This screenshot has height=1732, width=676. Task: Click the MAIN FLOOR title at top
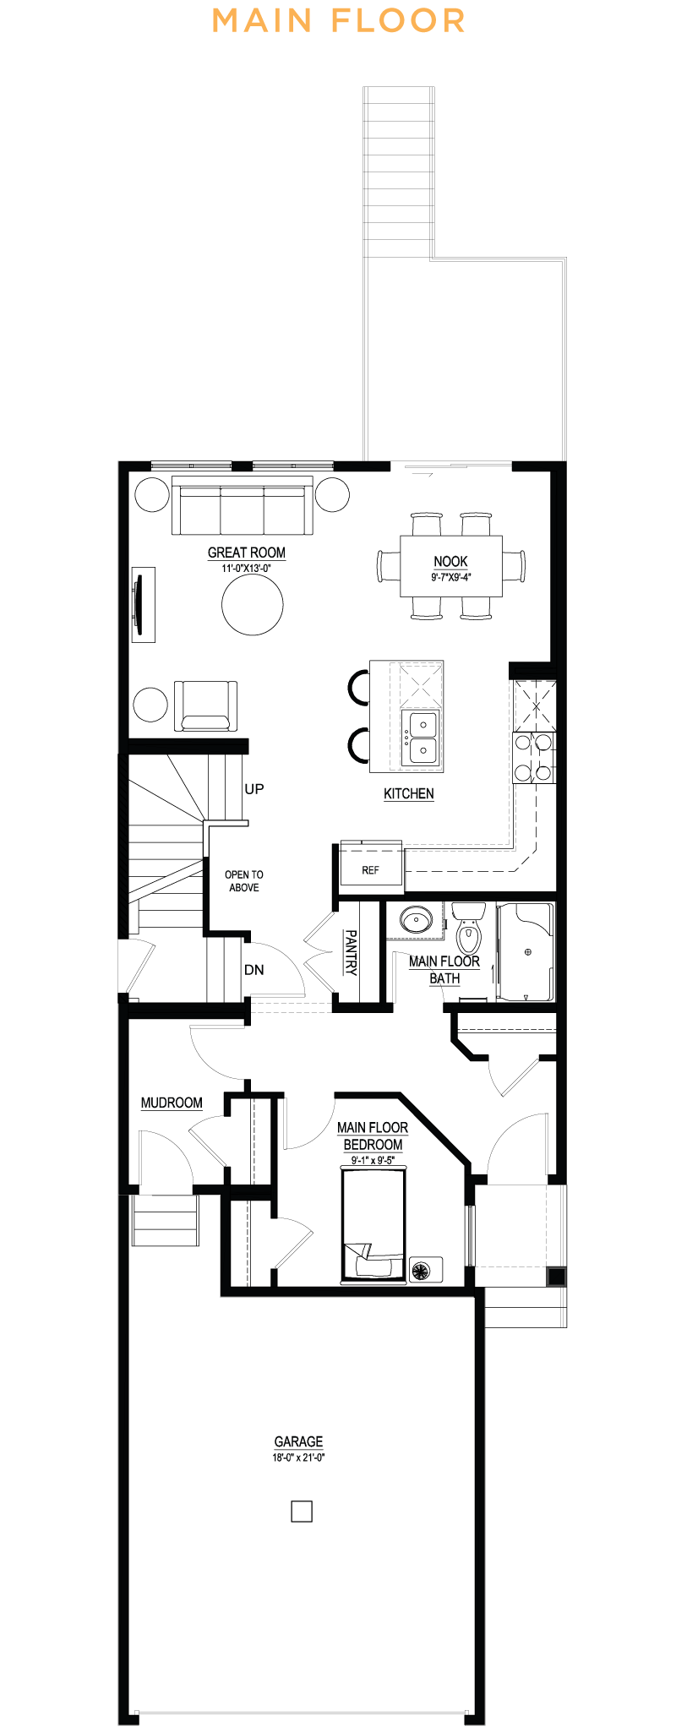(338, 20)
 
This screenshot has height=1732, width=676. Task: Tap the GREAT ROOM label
(247, 553)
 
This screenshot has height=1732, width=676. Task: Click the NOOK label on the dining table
(450, 562)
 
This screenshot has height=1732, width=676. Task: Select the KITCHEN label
(409, 793)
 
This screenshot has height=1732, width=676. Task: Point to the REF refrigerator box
(371, 869)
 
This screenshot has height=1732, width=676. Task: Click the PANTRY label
(351, 952)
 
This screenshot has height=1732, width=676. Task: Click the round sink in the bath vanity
(415, 920)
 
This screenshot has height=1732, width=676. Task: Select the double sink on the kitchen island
(420, 737)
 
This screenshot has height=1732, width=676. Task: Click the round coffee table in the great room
(253, 604)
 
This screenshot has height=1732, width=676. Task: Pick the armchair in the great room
(205, 705)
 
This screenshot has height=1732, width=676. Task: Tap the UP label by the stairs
(253, 789)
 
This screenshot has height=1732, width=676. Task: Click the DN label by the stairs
(253, 970)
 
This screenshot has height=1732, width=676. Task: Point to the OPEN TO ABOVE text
(244, 881)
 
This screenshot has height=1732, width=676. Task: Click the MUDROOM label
(172, 1103)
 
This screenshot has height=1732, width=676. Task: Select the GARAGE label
(298, 1441)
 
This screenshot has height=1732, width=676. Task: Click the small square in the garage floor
(302, 1511)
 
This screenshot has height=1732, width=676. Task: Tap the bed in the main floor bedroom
(373, 1225)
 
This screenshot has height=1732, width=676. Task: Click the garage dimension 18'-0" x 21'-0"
(298, 1457)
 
